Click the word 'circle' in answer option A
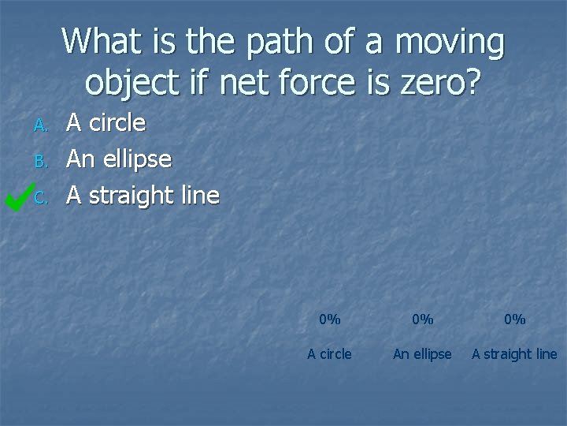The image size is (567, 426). tap(117, 122)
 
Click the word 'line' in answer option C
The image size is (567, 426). tap(201, 195)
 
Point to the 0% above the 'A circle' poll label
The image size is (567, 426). tap(329, 319)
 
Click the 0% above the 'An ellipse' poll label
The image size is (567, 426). tap(422, 319)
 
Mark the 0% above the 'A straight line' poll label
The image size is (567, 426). tap(514, 319)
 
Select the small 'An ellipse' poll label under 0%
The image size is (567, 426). tap(422, 354)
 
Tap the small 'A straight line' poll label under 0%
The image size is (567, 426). tap(514, 354)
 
